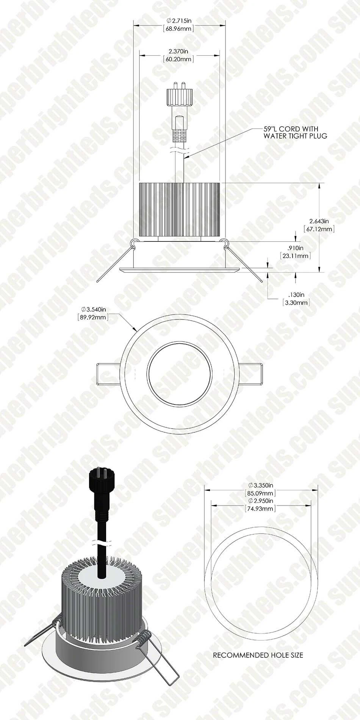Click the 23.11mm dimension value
click(296, 256)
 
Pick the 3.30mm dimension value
click(296, 302)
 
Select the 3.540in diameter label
click(93, 310)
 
